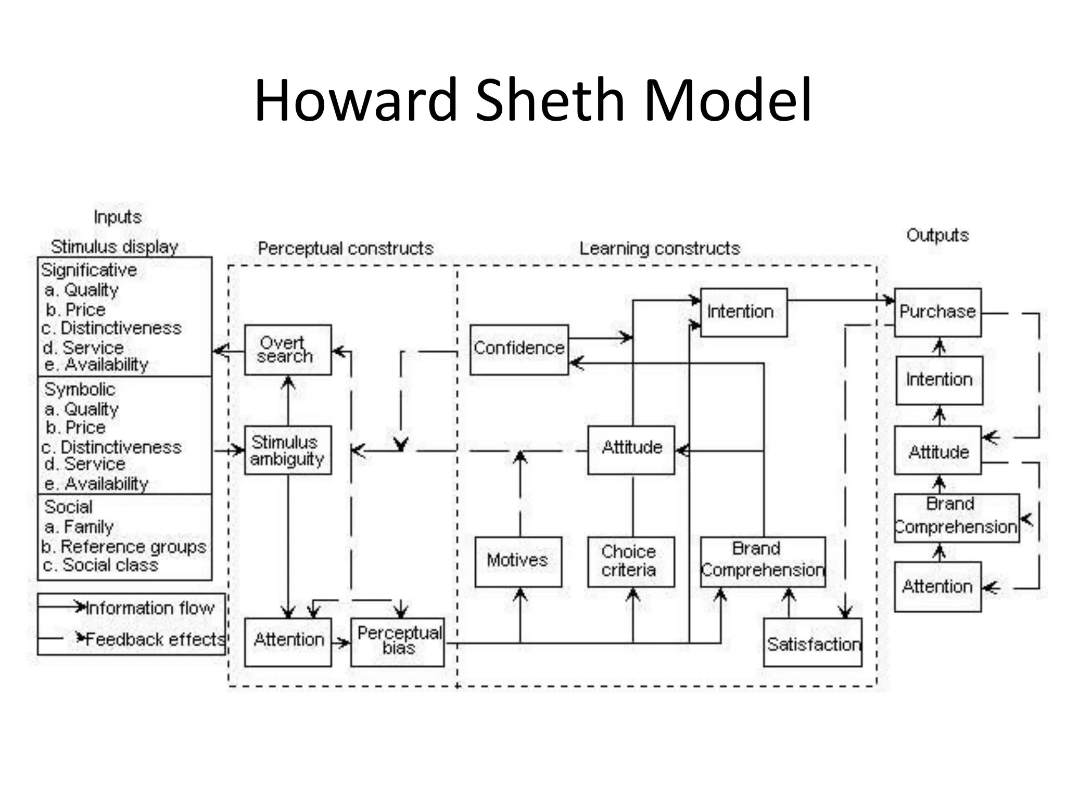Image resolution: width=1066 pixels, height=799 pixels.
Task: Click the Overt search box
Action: pyautogui.click(x=288, y=350)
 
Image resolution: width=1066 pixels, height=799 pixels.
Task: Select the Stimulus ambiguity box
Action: pyautogui.click(x=288, y=450)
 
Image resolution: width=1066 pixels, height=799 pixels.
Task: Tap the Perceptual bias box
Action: pyautogui.click(x=398, y=641)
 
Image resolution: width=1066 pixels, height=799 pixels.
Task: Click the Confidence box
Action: pyautogui.click(x=519, y=349)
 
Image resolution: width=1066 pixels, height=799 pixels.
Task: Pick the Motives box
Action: pyautogui.click(x=518, y=561)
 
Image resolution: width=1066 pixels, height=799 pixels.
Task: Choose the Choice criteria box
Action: pyautogui.click(x=631, y=561)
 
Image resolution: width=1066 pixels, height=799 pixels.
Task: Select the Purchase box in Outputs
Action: pyautogui.click(x=937, y=312)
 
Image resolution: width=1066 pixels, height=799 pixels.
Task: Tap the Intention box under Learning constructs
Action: pyautogui.click(x=743, y=312)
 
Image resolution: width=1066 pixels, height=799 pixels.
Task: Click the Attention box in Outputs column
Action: pyautogui.click(x=937, y=586)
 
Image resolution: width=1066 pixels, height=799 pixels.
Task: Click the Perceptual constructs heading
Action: pyautogui.click(x=346, y=249)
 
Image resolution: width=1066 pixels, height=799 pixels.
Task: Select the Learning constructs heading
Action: pyautogui.click(x=659, y=249)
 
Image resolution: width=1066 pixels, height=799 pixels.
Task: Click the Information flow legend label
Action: pyautogui.click(x=150, y=608)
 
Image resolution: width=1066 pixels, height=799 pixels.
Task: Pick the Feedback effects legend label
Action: pyautogui.click(x=154, y=639)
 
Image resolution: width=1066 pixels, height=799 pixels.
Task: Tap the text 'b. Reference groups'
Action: pyautogui.click(x=124, y=547)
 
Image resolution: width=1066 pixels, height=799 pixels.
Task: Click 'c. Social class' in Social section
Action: pyautogui.click(x=100, y=565)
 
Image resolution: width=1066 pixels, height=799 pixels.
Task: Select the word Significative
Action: pyautogui.click(x=89, y=270)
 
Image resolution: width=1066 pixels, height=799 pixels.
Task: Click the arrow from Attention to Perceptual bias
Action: pyautogui.click(x=341, y=643)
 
